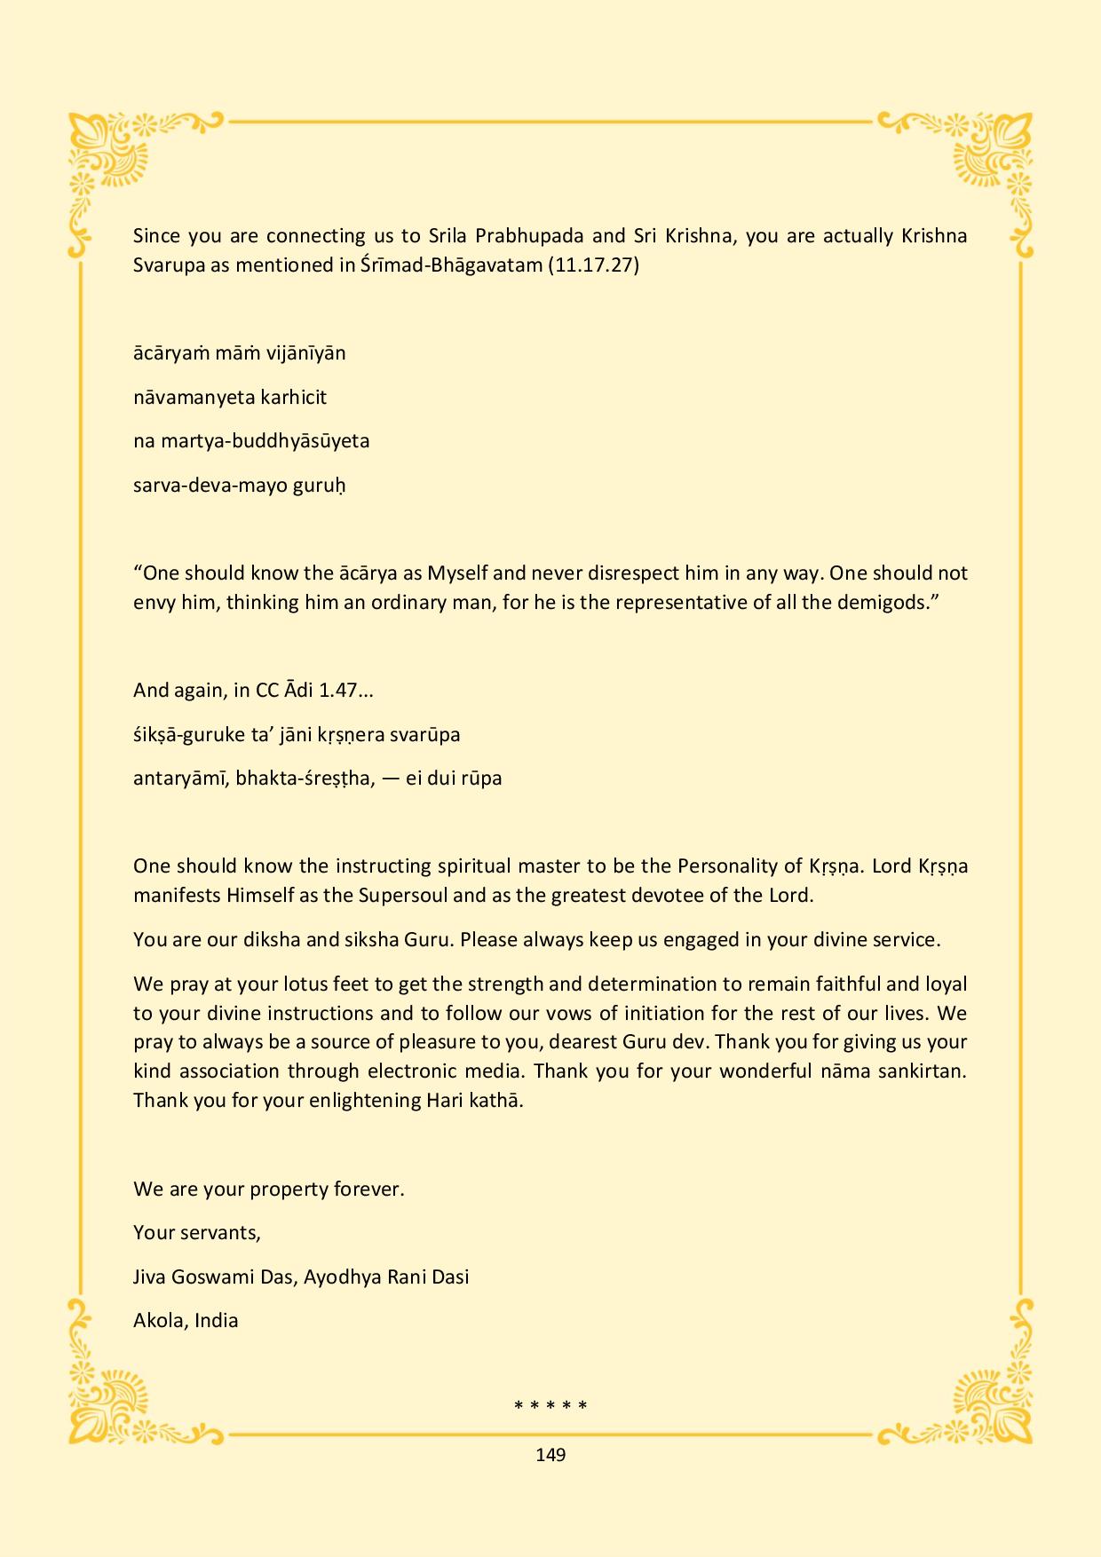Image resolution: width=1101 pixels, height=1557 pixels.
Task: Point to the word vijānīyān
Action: pyautogui.click(x=306, y=352)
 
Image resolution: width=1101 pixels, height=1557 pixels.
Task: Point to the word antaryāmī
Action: pyautogui.click(x=181, y=778)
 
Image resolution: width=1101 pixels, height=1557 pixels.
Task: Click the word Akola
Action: pyautogui.click(x=159, y=1320)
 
